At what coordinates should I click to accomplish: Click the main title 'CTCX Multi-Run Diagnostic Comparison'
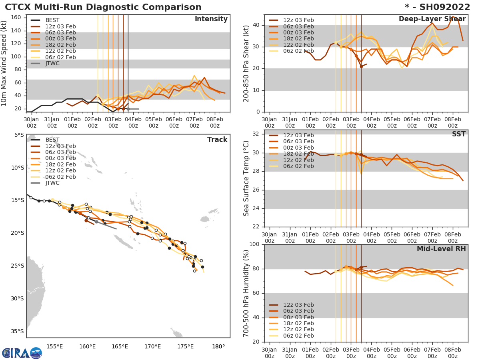(103, 7)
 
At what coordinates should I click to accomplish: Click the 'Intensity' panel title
(211, 19)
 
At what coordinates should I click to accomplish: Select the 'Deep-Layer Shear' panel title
(432, 19)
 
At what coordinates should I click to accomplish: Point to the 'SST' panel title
(459, 134)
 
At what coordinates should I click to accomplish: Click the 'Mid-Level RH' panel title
(441, 249)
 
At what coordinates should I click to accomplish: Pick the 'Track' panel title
(217, 140)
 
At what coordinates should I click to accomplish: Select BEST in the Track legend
(52, 140)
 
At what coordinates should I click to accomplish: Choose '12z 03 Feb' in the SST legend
(298, 135)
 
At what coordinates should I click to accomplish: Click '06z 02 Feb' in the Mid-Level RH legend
(298, 336)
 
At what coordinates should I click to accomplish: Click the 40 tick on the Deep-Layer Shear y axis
(256, 25)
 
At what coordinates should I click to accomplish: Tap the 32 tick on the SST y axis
(256, 134)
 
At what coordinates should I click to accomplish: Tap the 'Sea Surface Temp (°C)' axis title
(246, 178)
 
